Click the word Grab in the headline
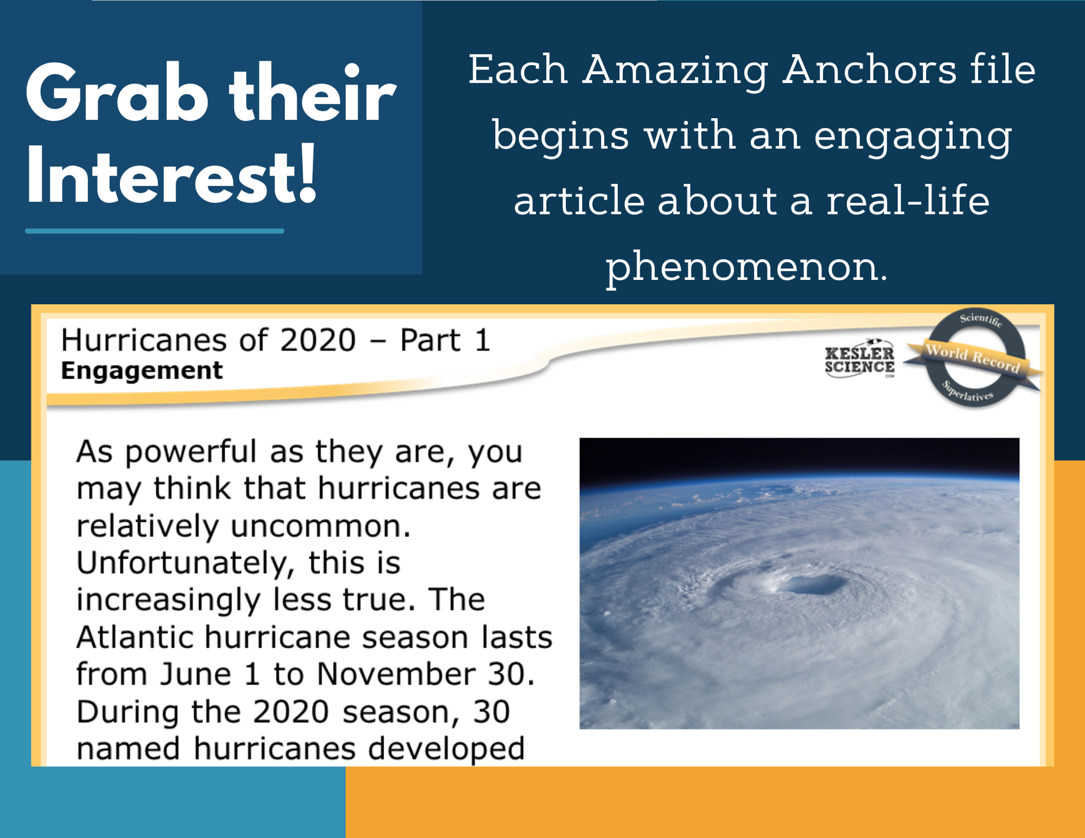pyautogui.click(x=118, y=93)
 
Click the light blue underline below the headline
pyautogui.click(x=154, y=231)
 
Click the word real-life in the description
pyautogui.click(x=908, y=200)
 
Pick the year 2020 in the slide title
pyautogui.click(x=318, y=340)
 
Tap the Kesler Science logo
pyautogui.click(x=859, y=359)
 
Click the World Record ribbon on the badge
pyautogui.click(x=973, y=359)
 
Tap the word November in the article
pyautogui.click(x=396, y=674)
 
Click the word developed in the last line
pyautogui.click(x=446, y=748)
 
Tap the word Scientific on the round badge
pyautogui.click(x=981, y=319)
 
